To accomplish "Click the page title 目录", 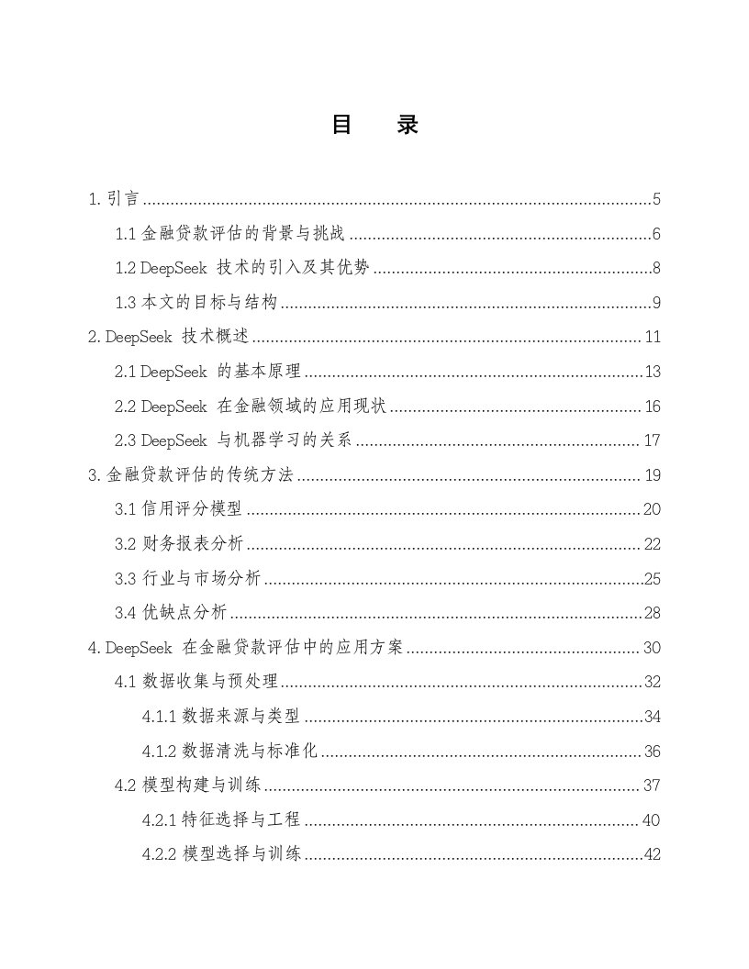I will pos(374,126).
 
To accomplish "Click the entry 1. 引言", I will pos(113,199).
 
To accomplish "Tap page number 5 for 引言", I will pos(656,199).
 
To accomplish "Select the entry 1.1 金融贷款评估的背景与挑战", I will pos(229,234).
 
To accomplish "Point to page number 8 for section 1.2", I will pos(656,269).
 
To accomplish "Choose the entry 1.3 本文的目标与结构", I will pos(196,303).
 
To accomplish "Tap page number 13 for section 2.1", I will pos(653,372).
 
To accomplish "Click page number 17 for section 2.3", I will pos(653,441).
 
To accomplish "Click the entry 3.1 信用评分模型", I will pos(178,510).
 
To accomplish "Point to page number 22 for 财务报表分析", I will pos(653,545).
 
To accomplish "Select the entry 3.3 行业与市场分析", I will pos(188,579).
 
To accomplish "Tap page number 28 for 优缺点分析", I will pos(653,614).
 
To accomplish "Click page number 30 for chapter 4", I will pos(653,648).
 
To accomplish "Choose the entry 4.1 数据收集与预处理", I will pos(196,683).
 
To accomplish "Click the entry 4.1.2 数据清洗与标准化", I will pos(229,752).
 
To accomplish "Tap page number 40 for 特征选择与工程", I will pos(653,820).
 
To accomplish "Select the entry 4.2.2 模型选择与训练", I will pos(221,855).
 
